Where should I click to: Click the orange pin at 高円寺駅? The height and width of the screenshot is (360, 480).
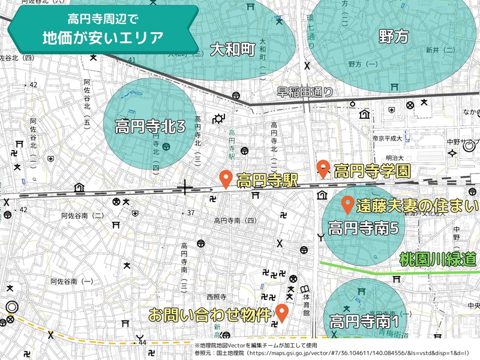tap(226, 178)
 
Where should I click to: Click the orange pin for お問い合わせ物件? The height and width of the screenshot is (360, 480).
tap(282, 312)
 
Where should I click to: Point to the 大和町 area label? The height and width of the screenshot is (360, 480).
tap(233, 49)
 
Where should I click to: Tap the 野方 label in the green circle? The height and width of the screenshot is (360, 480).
tap(394, 37)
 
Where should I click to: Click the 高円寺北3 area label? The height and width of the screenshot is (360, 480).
tap(150, 127)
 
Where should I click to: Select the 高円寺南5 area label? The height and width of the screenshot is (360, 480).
tap(364, 228)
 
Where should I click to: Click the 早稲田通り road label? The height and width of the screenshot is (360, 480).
tap(305, 92)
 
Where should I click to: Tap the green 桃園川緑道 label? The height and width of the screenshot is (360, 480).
tap(438, 259)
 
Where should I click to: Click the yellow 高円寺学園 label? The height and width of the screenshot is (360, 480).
tap(372, 172)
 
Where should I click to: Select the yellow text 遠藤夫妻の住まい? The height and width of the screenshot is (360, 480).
tap(418, 206)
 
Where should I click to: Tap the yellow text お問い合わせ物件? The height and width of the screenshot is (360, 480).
tap(210, 314)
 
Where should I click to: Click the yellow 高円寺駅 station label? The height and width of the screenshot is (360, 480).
tap(268, 181)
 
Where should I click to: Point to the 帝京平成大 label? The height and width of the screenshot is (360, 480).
tap(386, 138)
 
